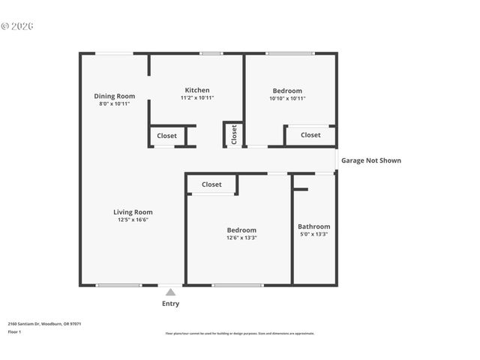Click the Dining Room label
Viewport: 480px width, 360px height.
114,96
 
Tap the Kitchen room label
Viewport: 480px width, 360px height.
197,90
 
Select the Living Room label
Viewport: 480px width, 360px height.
133,211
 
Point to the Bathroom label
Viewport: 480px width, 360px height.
313,226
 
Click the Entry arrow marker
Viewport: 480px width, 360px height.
170,292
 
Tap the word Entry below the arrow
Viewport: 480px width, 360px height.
170,304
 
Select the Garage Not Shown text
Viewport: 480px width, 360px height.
370,160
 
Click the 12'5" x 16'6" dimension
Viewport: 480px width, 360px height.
133,220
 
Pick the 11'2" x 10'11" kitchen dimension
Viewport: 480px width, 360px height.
197,98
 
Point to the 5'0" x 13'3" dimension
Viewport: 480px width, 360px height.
313,235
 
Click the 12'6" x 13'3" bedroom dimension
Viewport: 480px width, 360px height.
241,238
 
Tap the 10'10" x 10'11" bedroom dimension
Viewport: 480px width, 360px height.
287,98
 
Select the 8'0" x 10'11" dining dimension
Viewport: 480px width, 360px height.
114,103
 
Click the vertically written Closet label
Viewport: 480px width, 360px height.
234,135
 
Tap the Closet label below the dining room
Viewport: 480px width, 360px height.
166,136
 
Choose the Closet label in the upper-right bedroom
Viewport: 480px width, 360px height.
310,135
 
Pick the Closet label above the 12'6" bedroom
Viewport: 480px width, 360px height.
211,184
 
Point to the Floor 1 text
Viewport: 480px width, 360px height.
14,331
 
